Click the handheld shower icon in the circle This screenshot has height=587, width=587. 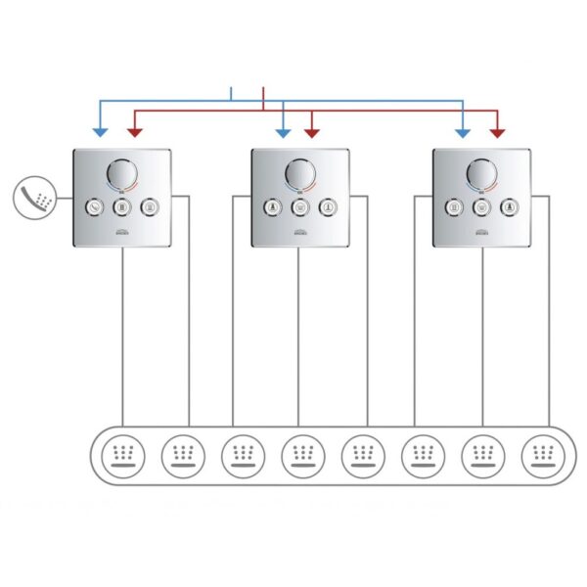coord(34,197)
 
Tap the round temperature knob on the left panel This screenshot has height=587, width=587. coord(122,176)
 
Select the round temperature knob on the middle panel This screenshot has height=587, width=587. coord(299,176)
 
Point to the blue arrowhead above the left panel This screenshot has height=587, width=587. coord(99,131)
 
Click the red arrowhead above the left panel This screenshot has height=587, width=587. coord(133,131)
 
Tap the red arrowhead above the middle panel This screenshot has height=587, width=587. coord(312,131)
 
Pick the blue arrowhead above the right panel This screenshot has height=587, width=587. coord(463,131)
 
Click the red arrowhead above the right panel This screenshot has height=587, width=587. coord(497,131)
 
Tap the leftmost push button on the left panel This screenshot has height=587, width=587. coord(95,206)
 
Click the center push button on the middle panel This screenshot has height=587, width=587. coord(299,206)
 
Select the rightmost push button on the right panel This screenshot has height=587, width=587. coord(509,206)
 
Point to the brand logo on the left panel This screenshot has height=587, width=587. coord(122,232)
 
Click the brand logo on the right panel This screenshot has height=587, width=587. coord(481,232)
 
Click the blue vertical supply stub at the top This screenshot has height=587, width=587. coord(231,94)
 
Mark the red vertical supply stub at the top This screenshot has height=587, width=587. coord(264,96)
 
